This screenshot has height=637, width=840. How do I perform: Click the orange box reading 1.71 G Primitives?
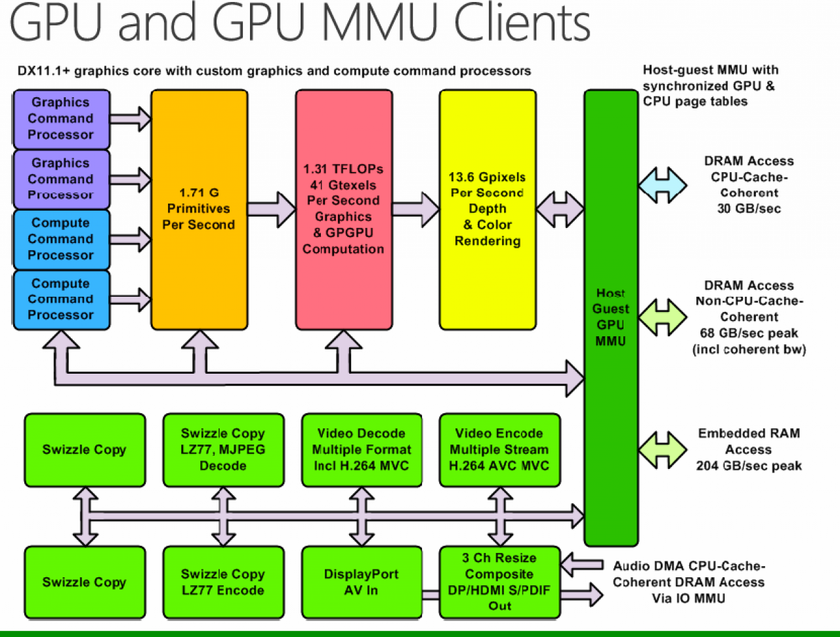click(x=199, y=209)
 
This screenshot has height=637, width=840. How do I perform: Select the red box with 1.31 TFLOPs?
click(x=344, y=209)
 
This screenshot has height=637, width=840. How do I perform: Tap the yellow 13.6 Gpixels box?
click(x=488, y=209)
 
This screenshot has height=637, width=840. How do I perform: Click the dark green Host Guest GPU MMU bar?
click(x=611, y=318)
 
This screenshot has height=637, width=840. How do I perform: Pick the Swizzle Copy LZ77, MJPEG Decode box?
click(x=224, y=450)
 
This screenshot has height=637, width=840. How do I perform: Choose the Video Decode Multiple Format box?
click(x=362, y=450)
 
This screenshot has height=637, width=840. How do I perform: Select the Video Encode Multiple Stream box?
click(x=500, y=450)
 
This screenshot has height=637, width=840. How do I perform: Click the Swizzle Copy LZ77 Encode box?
click(x=224, y=582)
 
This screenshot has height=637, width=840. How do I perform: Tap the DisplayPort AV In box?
click(x=362, y=582)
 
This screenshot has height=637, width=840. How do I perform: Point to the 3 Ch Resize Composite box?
click(x=500, y=582)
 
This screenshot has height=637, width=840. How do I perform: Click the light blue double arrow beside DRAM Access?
click(x=662, y=185)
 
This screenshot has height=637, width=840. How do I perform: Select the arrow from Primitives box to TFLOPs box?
click(x=272, y=209)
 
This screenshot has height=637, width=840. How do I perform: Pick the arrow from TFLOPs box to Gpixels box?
click(x=416, y=209)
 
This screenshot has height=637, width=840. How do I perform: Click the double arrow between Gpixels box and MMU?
click(x=560, y=209)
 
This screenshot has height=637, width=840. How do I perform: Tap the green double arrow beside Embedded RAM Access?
click(x=662, y=450)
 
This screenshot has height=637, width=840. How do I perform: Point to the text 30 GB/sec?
click(x=749, y=209)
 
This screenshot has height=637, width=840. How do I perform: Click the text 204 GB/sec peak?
click(x=749, y=466)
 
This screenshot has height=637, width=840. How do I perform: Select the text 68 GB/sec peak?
click(x=749, y=333)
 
